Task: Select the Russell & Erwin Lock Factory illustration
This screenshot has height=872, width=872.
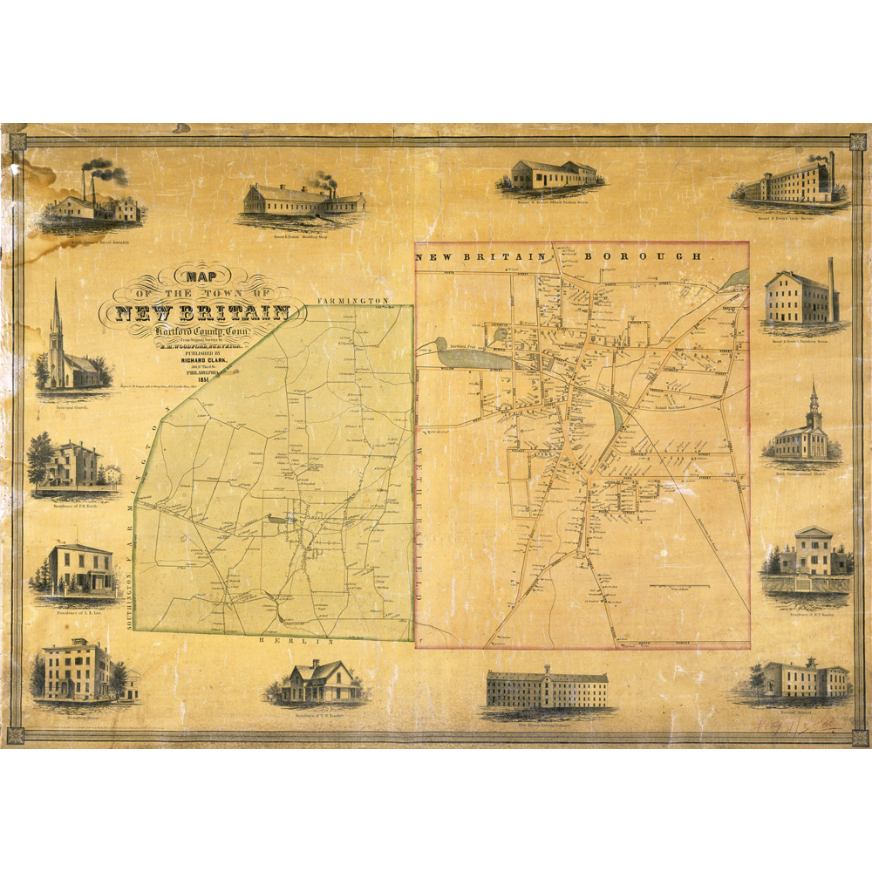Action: [x=791, y=181]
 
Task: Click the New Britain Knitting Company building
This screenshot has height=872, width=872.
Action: [x=547, y=689]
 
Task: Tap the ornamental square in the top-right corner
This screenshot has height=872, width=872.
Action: [x=859, y=141]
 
